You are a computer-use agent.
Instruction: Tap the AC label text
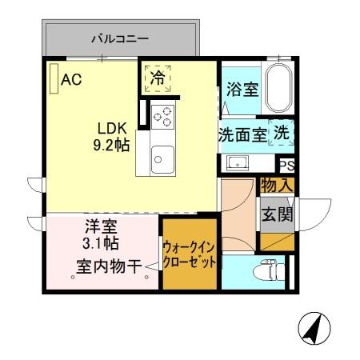coord(71,79)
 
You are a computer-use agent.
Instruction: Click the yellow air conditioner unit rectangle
coord(53,79)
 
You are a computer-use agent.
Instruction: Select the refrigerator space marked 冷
coord(158,78)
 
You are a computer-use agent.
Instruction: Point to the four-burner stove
coord(162,116)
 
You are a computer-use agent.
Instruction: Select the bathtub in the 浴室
coord(279,89)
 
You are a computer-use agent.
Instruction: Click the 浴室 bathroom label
coord(241,89)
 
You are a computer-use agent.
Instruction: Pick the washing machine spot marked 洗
coord(282,134)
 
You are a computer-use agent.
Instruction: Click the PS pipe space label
coord(286,166)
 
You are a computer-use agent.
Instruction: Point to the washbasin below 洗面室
coord(238,163)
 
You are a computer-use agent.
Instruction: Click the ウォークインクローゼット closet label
coord(188,255)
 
